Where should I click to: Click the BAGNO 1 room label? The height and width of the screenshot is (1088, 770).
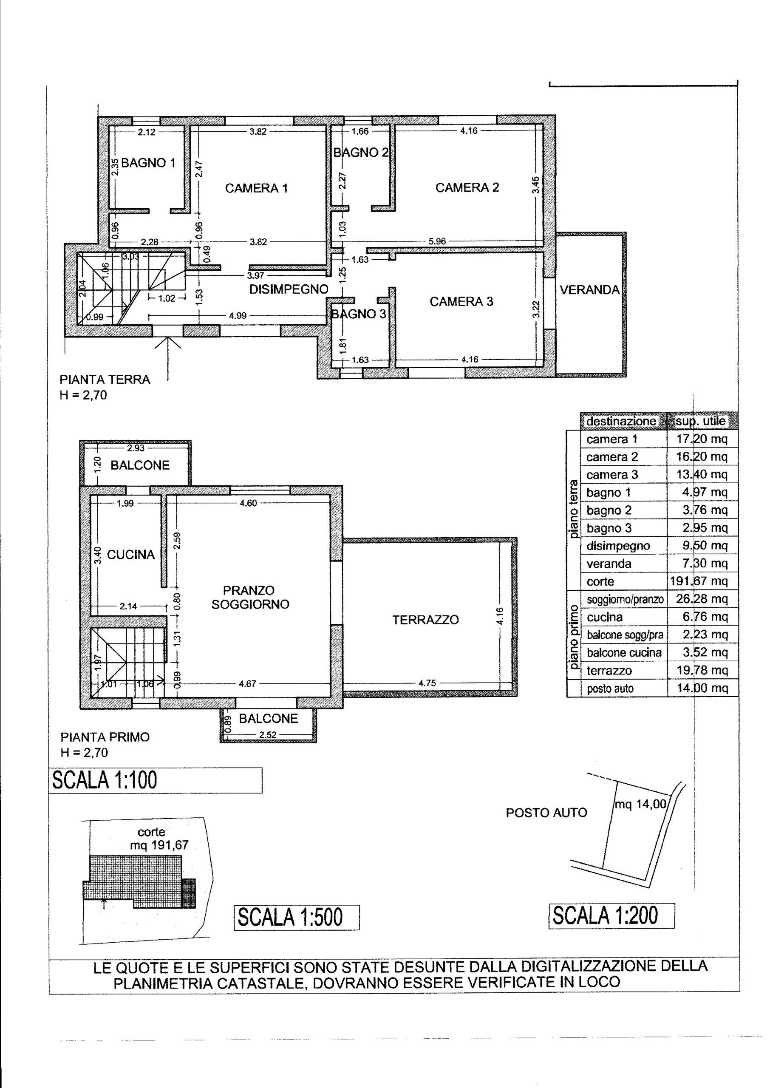point(148,163)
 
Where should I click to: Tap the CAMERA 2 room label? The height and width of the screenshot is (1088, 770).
point(467,188)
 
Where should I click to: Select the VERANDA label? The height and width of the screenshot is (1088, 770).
point(590,290)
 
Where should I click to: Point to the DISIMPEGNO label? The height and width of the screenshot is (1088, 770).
point(289,289)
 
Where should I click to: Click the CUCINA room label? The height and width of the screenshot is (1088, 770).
point(131,555)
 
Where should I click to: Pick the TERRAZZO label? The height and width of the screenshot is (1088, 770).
point(425,620)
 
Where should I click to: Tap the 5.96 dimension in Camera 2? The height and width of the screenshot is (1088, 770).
point(437,241)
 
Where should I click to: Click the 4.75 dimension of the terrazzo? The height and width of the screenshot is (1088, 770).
point(427,683)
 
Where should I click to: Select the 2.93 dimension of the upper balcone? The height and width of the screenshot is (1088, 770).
point(136,448)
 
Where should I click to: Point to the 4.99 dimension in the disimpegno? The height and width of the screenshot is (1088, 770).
point(238,316)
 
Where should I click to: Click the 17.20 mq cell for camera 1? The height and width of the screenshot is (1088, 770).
point(702,439)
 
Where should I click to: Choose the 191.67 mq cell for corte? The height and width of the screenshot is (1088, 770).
point(699,581)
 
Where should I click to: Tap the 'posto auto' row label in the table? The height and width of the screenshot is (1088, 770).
point(610,688)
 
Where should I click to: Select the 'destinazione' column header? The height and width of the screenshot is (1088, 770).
point(621,421)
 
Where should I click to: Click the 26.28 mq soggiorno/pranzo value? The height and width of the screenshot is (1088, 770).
point(702,599)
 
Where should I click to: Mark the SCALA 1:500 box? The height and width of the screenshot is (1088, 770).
point(297,917)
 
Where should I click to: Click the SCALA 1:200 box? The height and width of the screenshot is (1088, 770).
point(611,915)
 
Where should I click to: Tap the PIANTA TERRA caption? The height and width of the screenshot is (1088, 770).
point(105,379)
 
